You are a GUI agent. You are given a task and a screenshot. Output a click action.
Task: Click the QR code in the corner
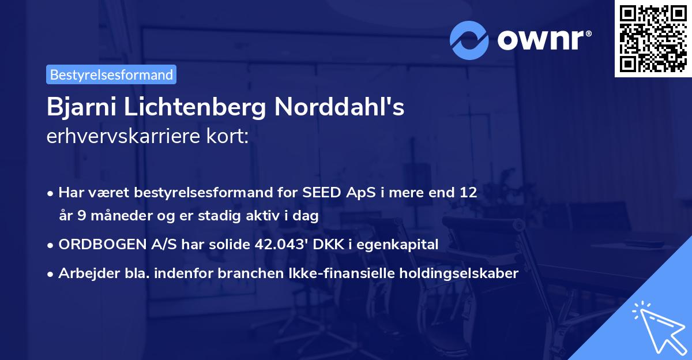coord(652,38)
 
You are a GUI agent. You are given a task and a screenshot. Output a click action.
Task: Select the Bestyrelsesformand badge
coord(111,74)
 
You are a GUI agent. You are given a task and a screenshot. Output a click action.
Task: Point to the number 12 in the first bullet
coord(468,192)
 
